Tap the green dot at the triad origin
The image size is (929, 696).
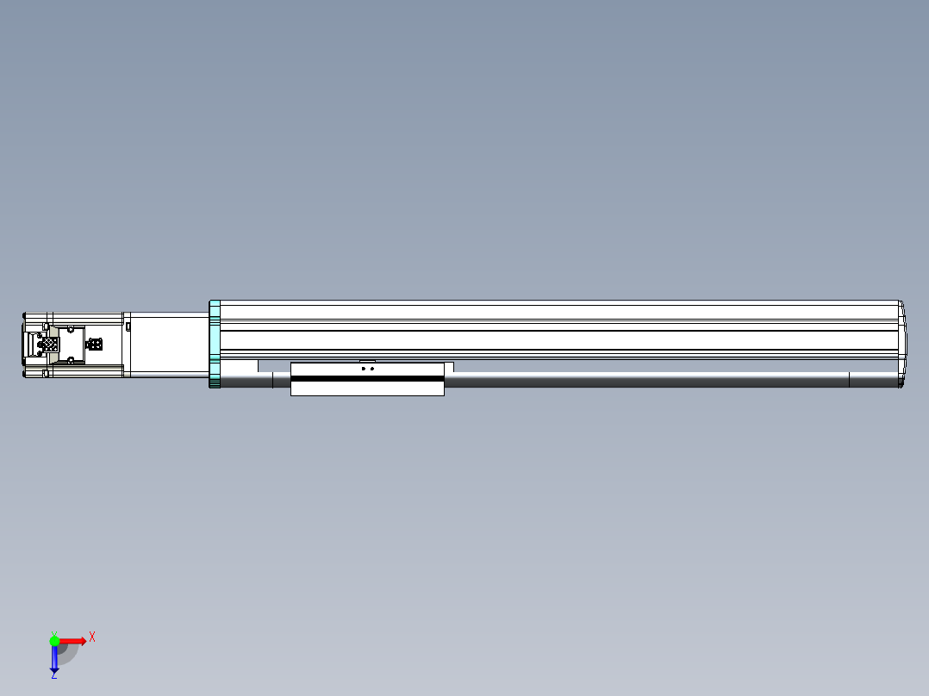click(x=54, y=640)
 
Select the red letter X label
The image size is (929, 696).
click(x=92, y=637)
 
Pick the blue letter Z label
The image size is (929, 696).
click(x=53, y=675)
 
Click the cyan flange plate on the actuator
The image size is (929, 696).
click(x=215, y=344)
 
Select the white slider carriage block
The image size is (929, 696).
click(x=367, y=388)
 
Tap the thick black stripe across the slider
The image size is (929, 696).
click(x=367, y=378)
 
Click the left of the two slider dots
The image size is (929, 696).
click(x=363, y=369)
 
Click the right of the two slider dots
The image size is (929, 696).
click(x=372, y=369)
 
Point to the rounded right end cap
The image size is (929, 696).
click(x=901, y=344)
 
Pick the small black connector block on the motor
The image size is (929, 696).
click(x=95, y=345)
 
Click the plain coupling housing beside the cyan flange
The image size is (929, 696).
click(x=169, y=344)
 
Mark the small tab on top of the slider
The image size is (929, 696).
click(x=367, y=361)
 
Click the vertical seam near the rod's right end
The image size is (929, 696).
click(x=850, y=380)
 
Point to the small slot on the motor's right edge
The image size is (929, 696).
click(x=128, y=326)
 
